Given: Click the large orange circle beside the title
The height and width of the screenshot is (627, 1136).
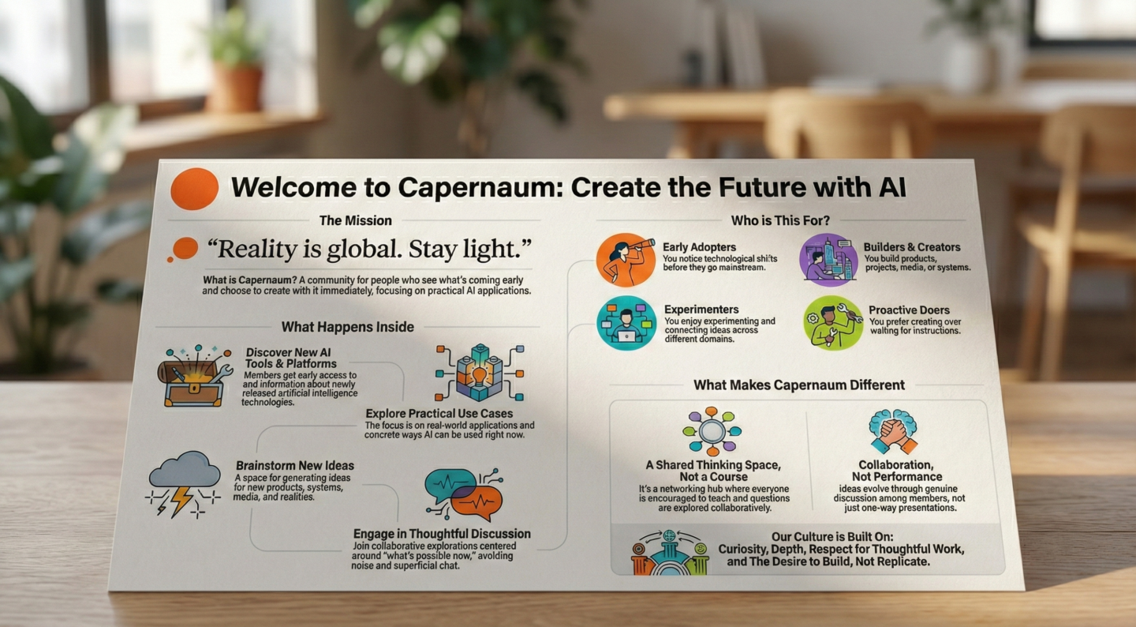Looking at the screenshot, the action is tap(194, 189).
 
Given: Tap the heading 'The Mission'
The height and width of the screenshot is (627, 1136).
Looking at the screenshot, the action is tap(356, 220).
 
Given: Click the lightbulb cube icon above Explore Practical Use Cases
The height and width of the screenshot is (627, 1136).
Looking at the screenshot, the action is tap(480, 373).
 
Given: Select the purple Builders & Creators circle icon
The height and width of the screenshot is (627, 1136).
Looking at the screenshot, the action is tap(828, 260).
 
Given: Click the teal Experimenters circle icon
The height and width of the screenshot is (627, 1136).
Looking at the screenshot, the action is tap(626, 323).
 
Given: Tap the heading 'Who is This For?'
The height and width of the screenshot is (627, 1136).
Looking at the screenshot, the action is tap(780, 220).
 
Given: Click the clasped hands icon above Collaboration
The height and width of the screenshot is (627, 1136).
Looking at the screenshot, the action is tap(893, 431).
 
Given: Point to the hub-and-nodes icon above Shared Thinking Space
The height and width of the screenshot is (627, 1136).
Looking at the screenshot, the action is tap(712, 431).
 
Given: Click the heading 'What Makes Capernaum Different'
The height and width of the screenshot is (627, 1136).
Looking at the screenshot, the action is tap(798, 385).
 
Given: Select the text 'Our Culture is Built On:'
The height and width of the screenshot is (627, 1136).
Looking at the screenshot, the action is tap(832, 537).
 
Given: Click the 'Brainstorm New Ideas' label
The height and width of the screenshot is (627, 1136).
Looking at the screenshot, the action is tap(295, 466).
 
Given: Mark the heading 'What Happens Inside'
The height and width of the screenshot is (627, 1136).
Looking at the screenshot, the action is tap(347, 327).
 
